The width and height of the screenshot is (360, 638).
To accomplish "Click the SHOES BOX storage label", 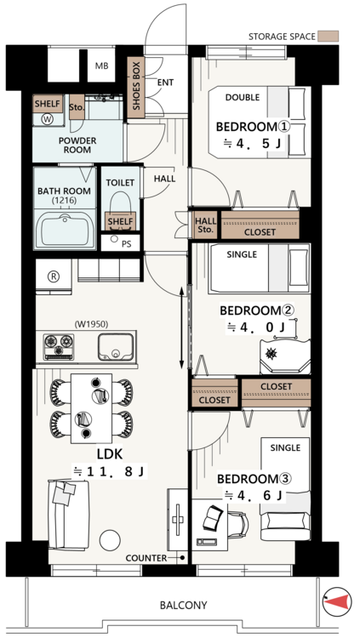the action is click(136, 86).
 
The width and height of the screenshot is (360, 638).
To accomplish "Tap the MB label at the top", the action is click(101, 66).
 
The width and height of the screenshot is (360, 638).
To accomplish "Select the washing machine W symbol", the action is click(48, 118).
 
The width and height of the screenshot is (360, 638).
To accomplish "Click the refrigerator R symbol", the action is click(54, 276).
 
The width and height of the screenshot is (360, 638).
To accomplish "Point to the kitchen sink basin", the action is click(116, 347).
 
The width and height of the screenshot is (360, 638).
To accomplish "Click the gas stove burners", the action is click(59, 347).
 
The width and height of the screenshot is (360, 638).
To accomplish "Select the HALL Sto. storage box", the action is click(206, 225).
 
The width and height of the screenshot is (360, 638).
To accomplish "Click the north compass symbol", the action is click(337, 601).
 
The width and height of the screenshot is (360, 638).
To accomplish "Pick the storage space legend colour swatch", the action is click(329, 37).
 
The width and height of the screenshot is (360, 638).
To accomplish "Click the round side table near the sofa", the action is click(110, 540).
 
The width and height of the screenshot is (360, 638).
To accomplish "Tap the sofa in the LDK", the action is click(68, 515).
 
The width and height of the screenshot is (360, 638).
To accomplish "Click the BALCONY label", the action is click(183, 605).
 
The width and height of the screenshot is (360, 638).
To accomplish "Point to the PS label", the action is click(126, 245).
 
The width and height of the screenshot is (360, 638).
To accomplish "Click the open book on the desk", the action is click(213, 517).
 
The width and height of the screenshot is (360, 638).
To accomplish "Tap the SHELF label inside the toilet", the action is click(121, 222).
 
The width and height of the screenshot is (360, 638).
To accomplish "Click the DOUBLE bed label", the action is click(243, 97).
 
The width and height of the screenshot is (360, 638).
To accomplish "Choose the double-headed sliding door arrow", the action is click(181, 328).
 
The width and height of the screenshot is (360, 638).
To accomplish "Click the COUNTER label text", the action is click(146, 558).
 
